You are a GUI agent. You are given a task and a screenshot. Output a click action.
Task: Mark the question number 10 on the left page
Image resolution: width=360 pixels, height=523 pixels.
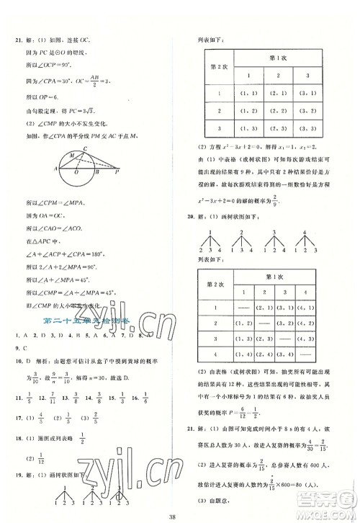[x=20, y=362]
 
